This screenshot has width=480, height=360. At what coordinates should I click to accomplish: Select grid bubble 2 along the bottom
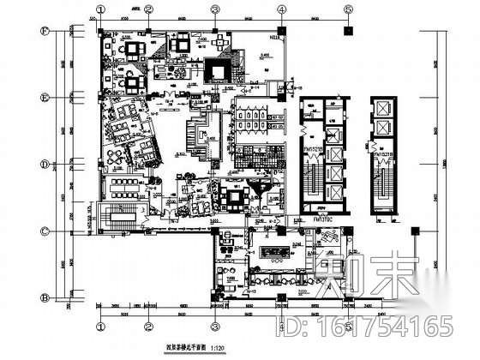click(x=148, y=326)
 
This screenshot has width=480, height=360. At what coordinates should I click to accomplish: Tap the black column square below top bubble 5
click(x=348, y=31)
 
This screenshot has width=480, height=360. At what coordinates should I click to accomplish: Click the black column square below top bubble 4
click(x=281, y=31)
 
